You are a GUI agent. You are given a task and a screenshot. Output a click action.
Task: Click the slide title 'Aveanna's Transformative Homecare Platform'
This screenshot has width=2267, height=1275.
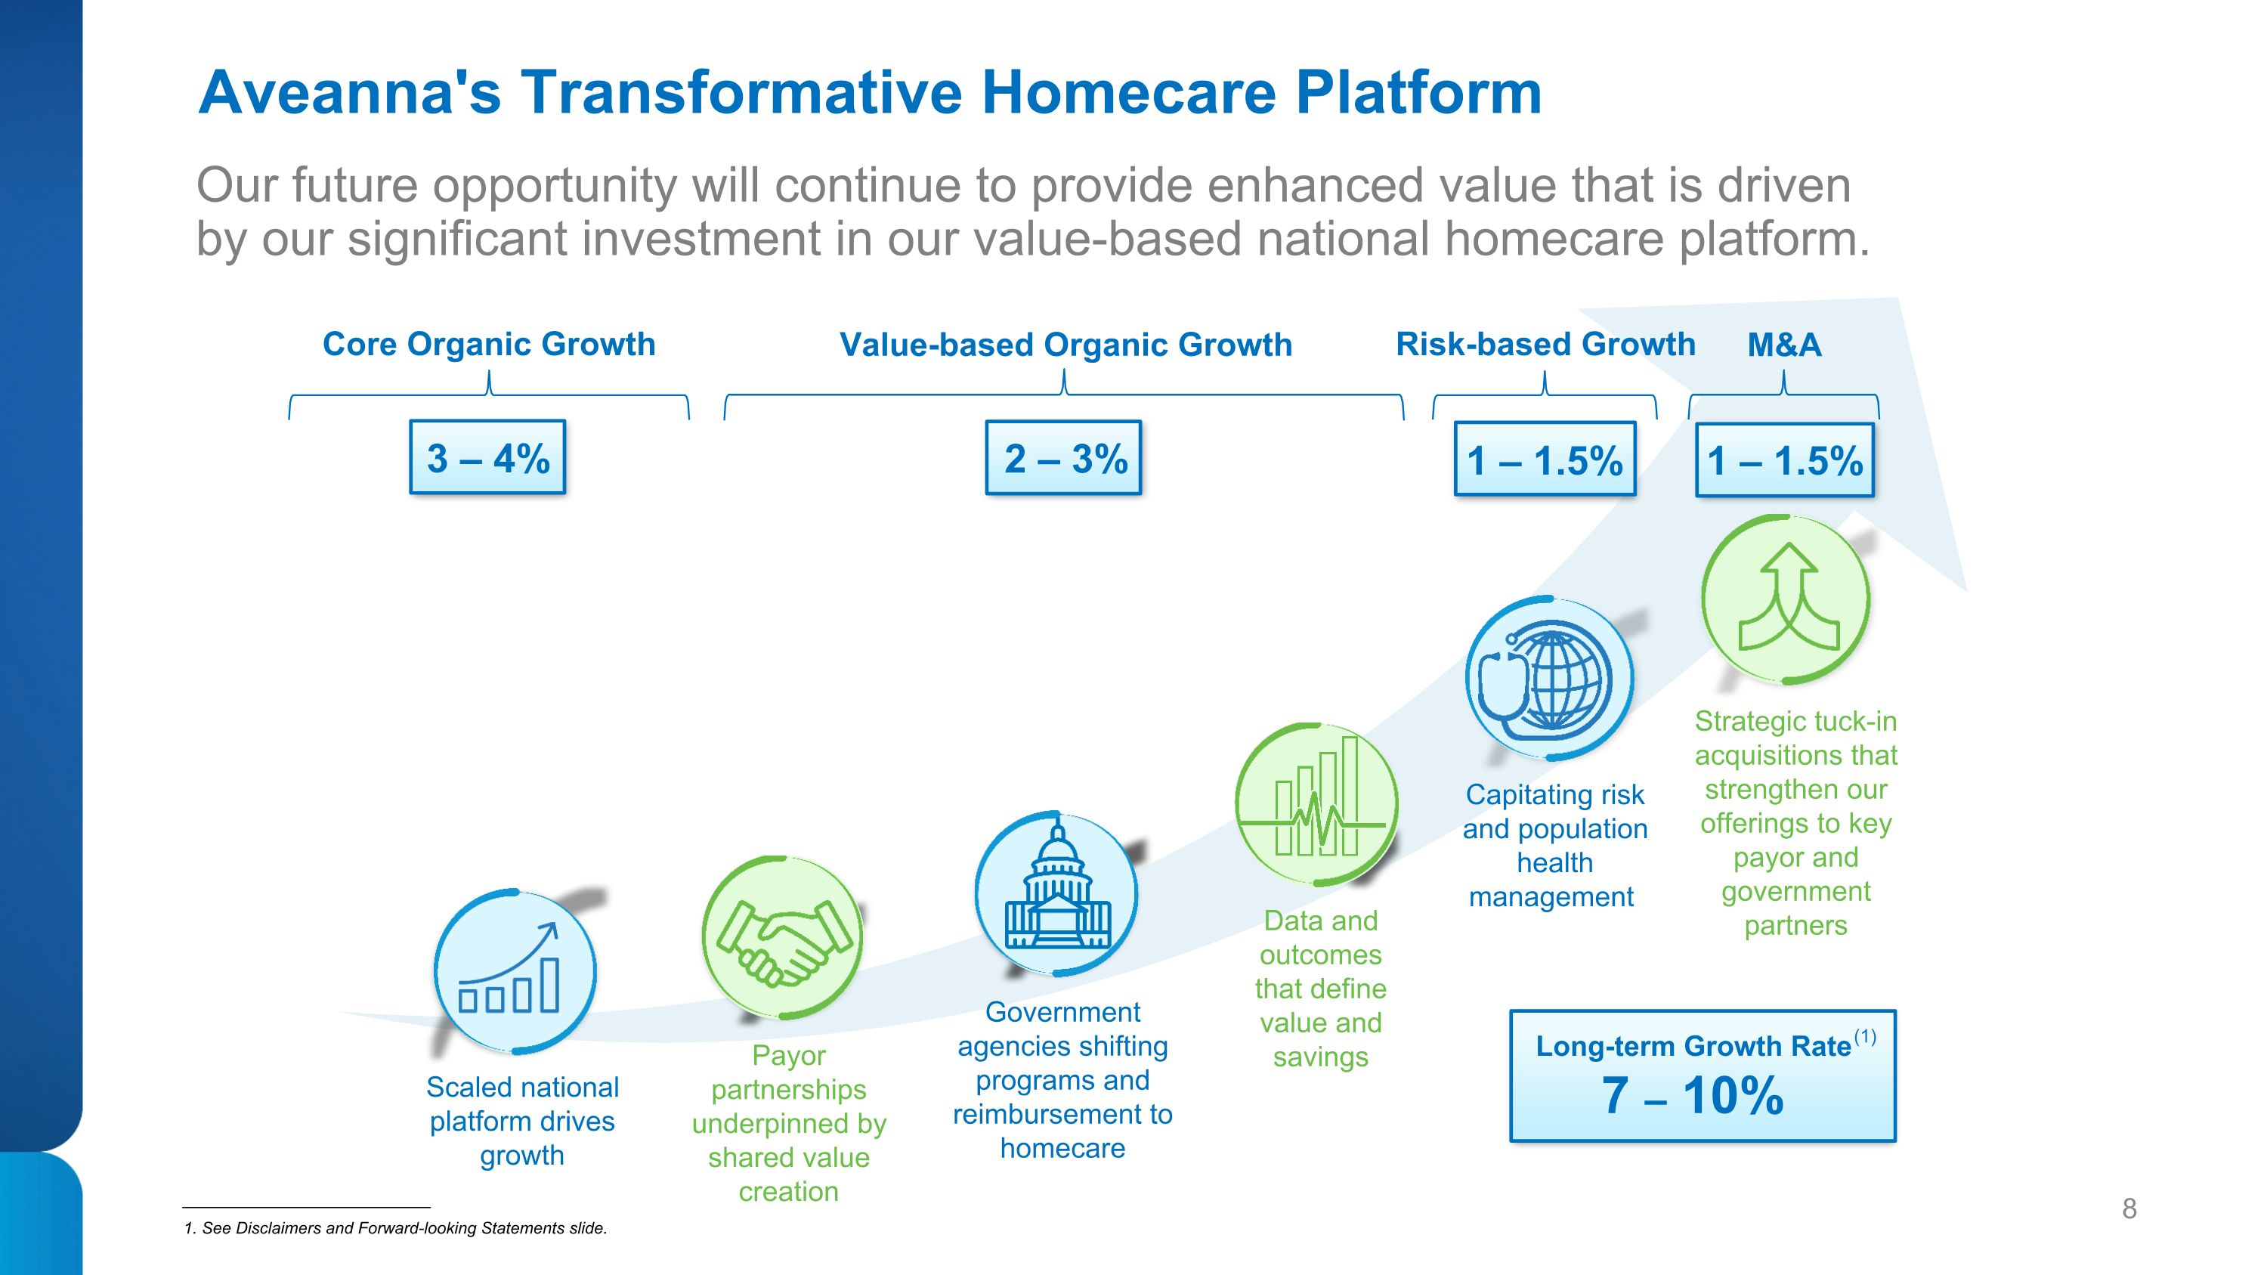point(870,92)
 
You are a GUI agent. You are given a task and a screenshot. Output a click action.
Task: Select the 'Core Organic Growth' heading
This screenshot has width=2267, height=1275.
point(490,344)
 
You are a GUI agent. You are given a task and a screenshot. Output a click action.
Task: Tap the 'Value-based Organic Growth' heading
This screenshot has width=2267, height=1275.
point(1065,345)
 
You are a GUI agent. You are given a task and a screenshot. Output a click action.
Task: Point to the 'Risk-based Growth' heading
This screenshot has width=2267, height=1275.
point(1545,344)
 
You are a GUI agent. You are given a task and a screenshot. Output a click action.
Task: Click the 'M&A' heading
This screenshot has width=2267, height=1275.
point(1784,345)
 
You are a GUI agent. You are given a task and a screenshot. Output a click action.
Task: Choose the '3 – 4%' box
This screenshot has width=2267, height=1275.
point(487,457)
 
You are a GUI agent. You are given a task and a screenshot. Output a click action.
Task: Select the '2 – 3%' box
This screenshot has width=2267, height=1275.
point(1063,457)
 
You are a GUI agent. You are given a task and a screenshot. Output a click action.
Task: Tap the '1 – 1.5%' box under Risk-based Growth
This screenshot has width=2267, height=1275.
point(1545,460)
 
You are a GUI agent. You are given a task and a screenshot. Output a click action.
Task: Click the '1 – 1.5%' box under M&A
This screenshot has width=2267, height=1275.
point(1785,460)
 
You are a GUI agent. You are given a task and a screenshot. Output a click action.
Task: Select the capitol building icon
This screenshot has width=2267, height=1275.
point(1056,894)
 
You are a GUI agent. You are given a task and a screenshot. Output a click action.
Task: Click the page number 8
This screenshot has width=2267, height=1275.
point(2129,1209)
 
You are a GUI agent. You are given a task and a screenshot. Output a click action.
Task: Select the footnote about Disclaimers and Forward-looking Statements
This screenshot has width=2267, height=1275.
point(395,1228)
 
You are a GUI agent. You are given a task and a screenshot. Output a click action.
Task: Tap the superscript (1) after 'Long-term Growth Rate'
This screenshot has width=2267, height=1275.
point(1865,1038)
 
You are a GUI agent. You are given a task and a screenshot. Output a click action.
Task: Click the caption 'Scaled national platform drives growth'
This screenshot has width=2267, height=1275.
point(523,1121)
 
